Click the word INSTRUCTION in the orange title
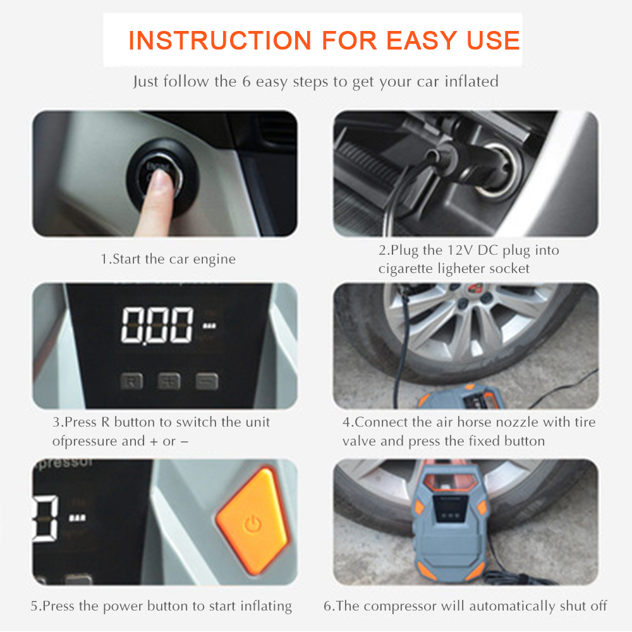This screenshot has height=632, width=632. [220, 40]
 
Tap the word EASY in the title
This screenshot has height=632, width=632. [422, 40]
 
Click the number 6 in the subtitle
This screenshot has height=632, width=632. [246, 82]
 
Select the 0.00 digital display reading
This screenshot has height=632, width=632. [157, 325]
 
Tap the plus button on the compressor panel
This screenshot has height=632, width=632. [169, 380]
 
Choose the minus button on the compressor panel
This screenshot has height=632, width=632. [207, 381]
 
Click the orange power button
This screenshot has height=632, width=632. [253, 521]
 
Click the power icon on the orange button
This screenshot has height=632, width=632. [253, 524]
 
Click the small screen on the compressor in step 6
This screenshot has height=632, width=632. [451, 509]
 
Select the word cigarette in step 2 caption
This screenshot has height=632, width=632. [405, 269]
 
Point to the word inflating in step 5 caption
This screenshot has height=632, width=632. [266, 606]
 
